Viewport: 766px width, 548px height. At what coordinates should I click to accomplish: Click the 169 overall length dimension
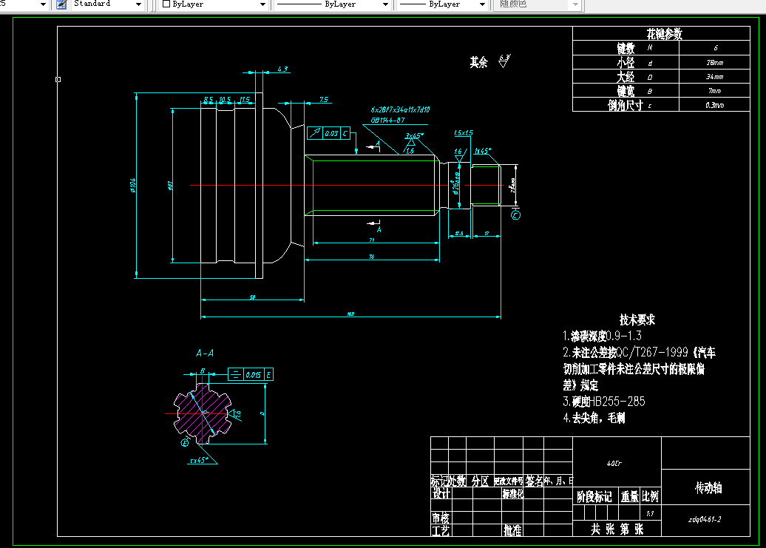350,314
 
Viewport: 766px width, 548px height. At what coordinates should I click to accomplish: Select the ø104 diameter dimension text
133,185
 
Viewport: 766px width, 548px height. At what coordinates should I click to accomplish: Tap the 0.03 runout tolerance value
331,133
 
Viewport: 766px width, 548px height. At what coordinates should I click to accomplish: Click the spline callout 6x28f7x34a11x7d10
400,109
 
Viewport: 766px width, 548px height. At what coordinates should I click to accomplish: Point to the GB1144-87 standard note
387,119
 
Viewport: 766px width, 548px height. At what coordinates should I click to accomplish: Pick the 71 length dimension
371,240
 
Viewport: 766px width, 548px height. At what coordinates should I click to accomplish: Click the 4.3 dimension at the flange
282,69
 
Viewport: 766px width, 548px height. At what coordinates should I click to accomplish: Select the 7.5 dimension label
324,99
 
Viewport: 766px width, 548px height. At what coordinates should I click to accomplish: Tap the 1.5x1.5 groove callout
464,133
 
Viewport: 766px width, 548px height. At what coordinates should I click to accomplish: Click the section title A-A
205,354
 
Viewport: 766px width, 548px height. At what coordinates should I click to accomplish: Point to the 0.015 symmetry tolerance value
253,375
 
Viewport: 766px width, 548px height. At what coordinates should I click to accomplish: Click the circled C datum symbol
515,215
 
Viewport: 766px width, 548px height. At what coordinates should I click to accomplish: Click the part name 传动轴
708,488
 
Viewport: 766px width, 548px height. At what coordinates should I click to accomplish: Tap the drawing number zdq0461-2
704,519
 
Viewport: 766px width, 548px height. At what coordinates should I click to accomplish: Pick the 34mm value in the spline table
714,77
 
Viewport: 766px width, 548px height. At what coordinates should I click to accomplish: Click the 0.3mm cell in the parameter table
714,105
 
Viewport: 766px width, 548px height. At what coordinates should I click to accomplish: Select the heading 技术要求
637,320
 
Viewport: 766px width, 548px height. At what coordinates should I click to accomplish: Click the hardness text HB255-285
614,402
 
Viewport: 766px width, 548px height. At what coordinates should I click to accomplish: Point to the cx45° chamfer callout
199,459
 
